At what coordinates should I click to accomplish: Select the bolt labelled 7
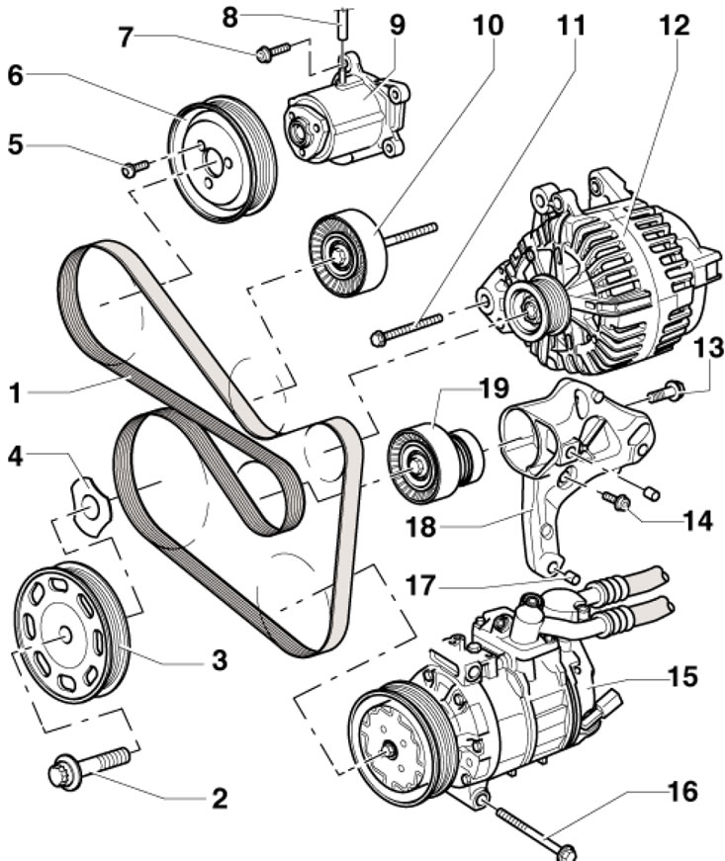[x=273, y=50]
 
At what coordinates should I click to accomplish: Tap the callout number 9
[x=397, y=24]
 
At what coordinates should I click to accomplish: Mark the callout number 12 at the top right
[x=676, y=24]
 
